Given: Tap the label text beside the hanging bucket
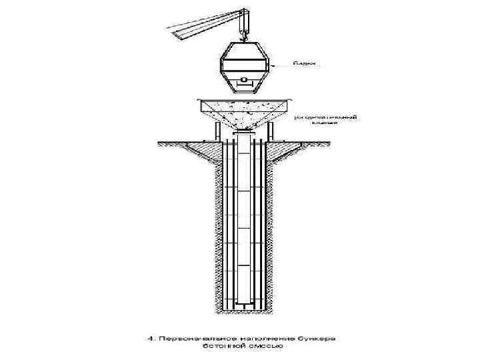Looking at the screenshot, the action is pos(305,64).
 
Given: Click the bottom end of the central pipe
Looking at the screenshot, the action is pos(244,303).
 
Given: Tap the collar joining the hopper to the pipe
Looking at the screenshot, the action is pos(244,133).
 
